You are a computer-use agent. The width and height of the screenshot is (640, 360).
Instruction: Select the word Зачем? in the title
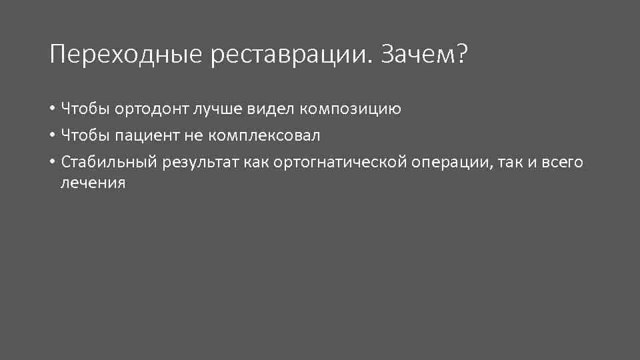pos(425,55)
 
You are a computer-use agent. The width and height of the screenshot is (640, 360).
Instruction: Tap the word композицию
pos(350,108)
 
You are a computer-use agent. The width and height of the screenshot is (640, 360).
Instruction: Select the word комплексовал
pos(264,135)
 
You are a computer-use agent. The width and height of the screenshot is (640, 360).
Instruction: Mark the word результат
pos(195,163)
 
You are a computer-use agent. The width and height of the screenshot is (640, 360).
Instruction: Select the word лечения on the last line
pos(93,183)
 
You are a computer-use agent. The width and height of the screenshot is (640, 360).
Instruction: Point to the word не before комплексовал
pos(193,135)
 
